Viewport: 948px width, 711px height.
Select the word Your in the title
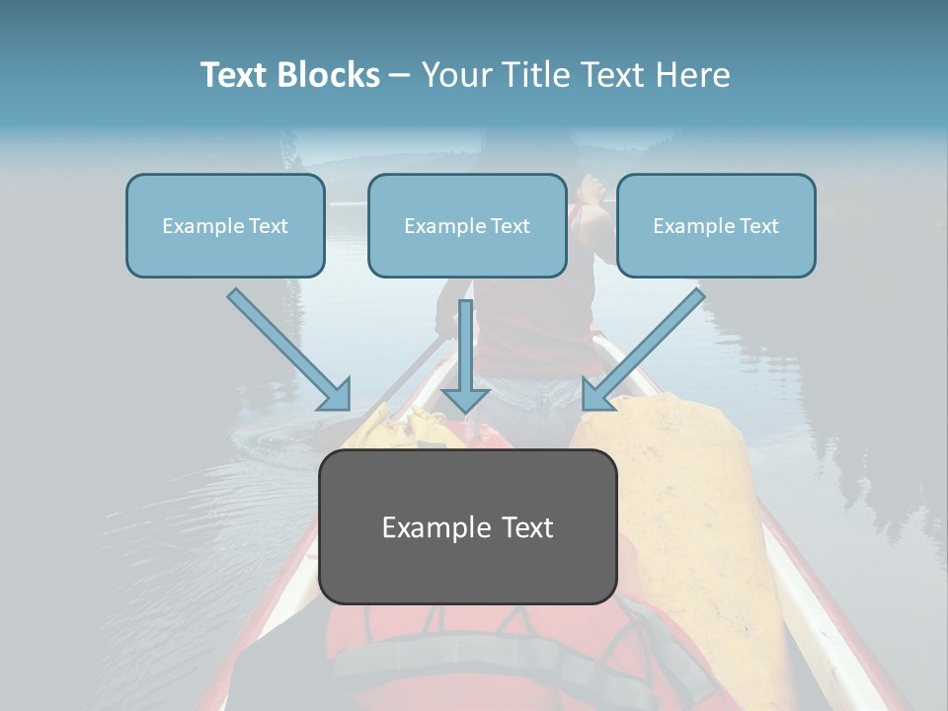coord(456,75)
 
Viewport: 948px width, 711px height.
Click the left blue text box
coord(225,225)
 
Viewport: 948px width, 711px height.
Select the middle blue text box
coord(467,225)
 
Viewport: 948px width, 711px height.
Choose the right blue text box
coord(716,225)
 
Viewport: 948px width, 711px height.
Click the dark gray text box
coord(468,526)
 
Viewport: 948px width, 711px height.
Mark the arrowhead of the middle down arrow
coord(465,399)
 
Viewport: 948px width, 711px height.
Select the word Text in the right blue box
coord(759,226)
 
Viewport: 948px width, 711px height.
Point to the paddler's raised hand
coord(592,187)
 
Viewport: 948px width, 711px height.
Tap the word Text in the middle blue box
coord(511,226)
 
